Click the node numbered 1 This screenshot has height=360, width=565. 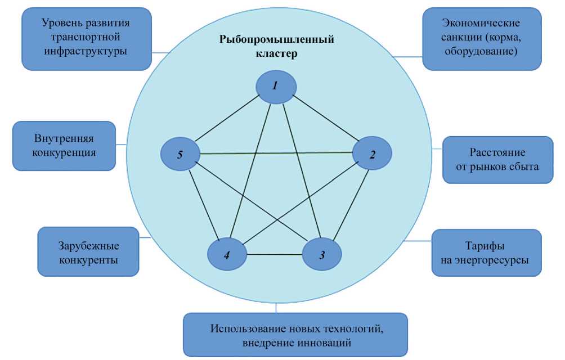pos(276,86)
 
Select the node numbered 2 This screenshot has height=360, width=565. pos(372,154)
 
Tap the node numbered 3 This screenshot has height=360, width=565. pos(322,255)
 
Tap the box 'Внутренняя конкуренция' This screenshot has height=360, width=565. pos(65,145)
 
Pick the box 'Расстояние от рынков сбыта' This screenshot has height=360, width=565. pos(497,159)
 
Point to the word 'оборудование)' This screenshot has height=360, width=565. pos(488,51)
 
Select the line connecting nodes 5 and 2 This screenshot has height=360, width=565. pos(276,153)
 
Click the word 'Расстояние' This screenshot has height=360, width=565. pos(497,152)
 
